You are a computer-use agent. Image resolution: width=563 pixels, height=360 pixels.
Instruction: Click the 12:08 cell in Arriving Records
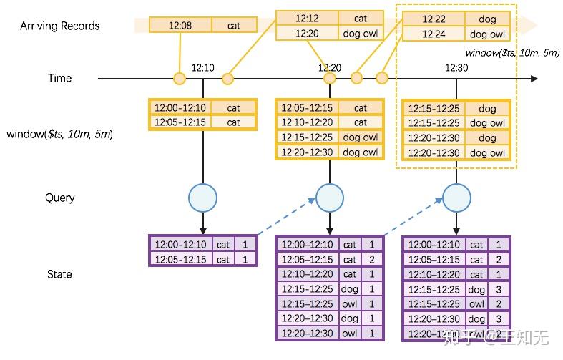(180, 25)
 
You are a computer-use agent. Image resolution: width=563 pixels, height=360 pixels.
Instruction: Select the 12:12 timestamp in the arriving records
(307, 18)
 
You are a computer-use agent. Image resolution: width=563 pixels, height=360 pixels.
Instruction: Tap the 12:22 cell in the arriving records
(434, 19)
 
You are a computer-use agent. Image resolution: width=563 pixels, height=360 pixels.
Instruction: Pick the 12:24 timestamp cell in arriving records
(434, 34)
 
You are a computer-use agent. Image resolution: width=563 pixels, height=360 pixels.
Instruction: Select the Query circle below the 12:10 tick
(203, 197)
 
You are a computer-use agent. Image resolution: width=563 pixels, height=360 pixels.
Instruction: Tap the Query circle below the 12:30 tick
(456, 197)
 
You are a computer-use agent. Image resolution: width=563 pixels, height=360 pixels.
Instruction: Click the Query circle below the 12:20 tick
(330, 197)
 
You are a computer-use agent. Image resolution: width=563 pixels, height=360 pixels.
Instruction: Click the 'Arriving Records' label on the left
(59, 26)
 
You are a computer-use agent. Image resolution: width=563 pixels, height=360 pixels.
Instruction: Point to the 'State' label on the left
(59, 274)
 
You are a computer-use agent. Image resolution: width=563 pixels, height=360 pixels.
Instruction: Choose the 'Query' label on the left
(59, 198)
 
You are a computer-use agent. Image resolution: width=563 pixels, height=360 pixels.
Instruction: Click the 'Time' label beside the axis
(59, 78)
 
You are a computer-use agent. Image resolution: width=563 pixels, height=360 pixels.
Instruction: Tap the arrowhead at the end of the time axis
(534, 78)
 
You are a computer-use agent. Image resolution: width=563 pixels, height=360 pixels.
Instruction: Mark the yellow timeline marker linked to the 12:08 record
(180, 78)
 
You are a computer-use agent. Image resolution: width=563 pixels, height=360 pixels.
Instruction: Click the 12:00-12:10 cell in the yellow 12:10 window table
(181, 107)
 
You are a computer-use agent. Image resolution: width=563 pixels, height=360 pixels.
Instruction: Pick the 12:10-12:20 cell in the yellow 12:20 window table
(307, 122)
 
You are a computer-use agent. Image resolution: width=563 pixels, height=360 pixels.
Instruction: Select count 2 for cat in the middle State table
(372, 259)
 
